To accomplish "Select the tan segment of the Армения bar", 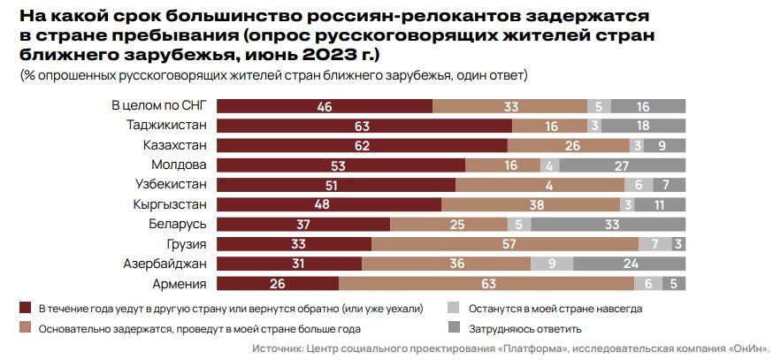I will pyautogui.click(x=486, y=284).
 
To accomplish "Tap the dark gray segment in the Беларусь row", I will pyautogui.click(x=610, y=225).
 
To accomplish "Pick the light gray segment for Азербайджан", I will pyautogui.click(x=552, y=264).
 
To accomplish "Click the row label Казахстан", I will pyautogui.click(x=175, y=145).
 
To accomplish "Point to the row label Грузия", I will pyautogui.click(x=187, y=244).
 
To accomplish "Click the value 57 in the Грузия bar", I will pyautogui.click(x=506, y=244).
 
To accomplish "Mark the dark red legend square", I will pyautogui.click(x=25, y=309).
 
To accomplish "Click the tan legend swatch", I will pyautogui.click(x=25, y=327).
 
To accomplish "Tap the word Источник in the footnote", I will pyautogui.click(x=279, y=349).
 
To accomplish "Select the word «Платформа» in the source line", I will pyautogui.click(x=554, y=349).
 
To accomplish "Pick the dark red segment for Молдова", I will pyautogui.click(x=341, y=165).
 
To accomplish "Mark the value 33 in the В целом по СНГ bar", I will pyautogui.click(x=510, y=106).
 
